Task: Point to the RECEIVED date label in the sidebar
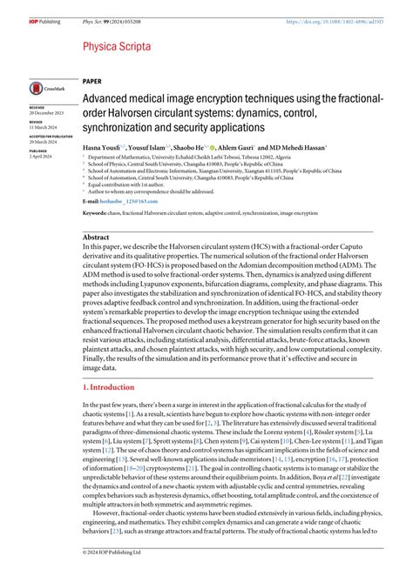pos(40,109)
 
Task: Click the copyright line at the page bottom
pos(120,574)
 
